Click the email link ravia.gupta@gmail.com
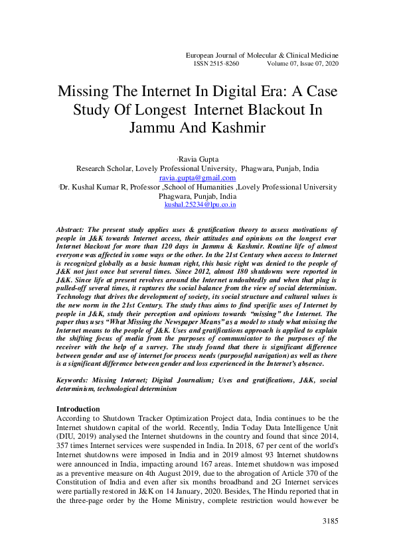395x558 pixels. point(197,178)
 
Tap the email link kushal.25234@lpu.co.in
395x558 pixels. point(200,205)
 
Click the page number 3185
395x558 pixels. point(329,522)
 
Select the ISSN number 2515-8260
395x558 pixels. point(223,64)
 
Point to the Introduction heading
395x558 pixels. point(78,409)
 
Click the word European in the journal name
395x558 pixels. point(204,54)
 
